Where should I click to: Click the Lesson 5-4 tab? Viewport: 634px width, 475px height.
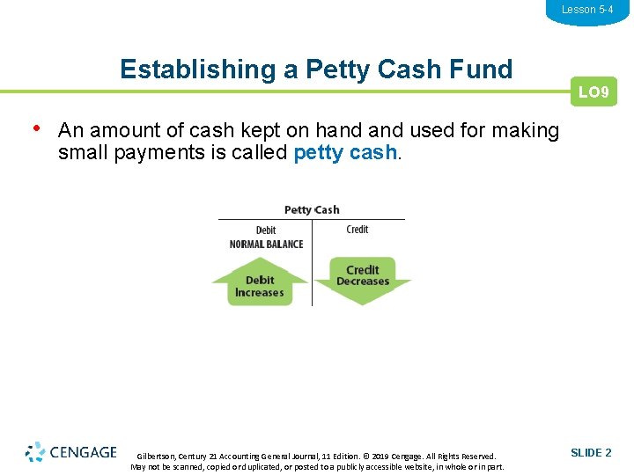pos(587,10)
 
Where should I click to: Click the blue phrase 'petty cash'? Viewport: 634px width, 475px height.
pos(345,152)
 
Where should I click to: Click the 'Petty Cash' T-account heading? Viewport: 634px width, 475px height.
pos(312,209)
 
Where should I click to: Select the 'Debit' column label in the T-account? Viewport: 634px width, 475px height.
pos(266,230)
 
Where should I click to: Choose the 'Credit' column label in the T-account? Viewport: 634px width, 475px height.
pos(358,230)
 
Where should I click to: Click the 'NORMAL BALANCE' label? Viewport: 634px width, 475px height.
pos(266,244)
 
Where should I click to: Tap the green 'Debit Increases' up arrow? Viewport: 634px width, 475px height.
pos(259,284)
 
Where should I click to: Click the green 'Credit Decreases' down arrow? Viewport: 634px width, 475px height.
pos(362,278)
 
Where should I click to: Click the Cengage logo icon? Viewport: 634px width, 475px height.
pos(35,452)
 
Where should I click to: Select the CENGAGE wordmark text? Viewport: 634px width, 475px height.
pos(83,452)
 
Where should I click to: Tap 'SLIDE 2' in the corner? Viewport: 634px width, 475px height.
pos(591,453)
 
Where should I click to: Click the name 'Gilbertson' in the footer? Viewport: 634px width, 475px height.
pos(156,457)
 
